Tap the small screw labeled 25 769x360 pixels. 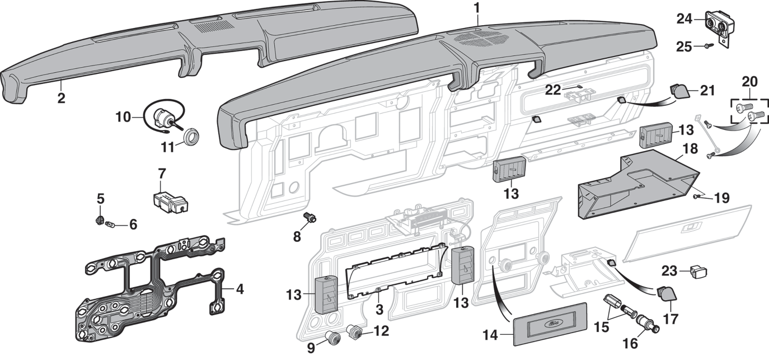tap(708, 47)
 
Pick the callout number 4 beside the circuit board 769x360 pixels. tap(240, 289)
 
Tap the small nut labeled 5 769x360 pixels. tap(100, 219)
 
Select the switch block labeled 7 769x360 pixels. tap(169, 200)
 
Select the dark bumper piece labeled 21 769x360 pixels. tap(679, 90)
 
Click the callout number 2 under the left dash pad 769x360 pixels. tap(61, 99)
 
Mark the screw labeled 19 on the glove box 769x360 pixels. tap(696, 197)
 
